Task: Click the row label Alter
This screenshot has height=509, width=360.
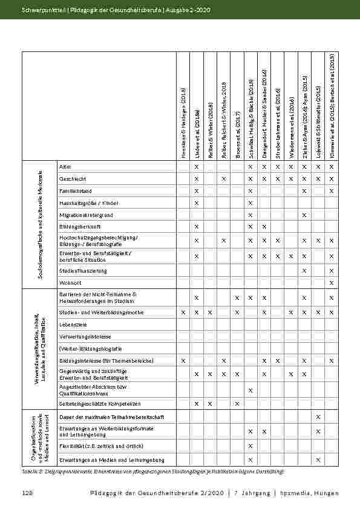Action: (x=63, y=166)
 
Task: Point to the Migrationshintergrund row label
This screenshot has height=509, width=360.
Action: (x=85, y=215)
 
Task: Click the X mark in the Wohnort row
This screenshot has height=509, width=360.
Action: (x=332, y=282)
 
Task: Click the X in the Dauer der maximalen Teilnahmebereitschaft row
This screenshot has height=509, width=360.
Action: (x=318, y=417)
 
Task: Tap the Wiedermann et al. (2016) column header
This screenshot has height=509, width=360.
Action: (x=291, y=129)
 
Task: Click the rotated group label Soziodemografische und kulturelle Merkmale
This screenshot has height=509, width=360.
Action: (x=39, y=224)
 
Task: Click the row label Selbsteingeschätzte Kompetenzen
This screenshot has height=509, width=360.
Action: (x=100, y=403)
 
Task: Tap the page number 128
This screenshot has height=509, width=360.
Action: (x=27, y=494)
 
